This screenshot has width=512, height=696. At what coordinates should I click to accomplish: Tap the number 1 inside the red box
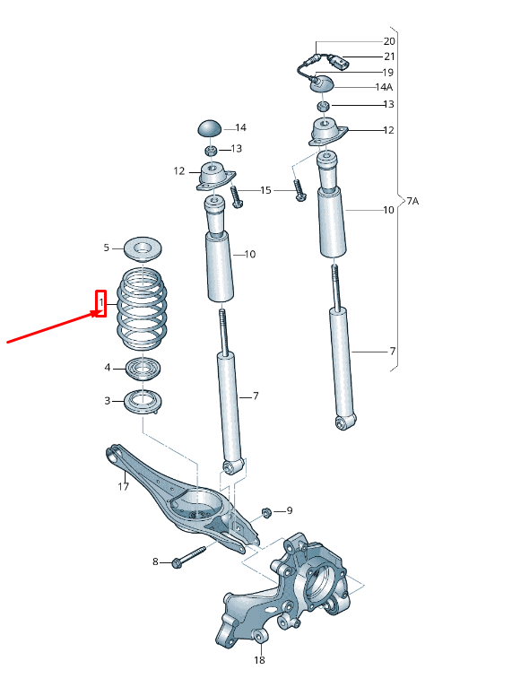(101, 304)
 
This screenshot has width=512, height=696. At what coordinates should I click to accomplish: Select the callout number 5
(106, 248)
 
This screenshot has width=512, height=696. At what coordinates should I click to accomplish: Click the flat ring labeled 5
(142, 247)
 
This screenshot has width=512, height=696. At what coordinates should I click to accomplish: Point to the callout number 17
(123, 487)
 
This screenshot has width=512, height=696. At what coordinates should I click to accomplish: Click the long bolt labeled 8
(185, 558)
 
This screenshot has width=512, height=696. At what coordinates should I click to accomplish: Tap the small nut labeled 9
(266, 512)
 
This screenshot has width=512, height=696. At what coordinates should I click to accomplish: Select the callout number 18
(258, 660)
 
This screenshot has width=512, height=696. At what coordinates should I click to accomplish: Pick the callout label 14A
(384, 87)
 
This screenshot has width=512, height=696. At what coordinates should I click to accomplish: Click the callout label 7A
(412, 201)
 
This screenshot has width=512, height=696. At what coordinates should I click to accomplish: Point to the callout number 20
(388, 41)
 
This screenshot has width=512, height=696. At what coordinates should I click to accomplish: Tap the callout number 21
(388, 57)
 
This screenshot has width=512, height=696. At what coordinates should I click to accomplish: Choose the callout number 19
(388, 72)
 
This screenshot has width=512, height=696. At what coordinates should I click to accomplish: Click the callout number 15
(265, 190)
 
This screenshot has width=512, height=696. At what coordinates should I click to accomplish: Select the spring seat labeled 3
(143, 401)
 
